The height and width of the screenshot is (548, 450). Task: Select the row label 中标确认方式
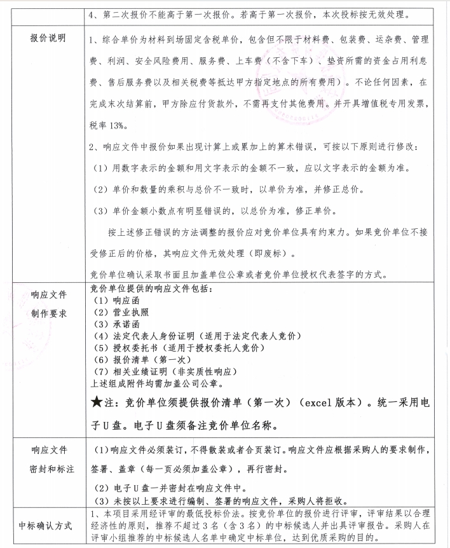click(x=46, y=525)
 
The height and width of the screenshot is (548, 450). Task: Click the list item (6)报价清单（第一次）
click(x=137, y=359)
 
